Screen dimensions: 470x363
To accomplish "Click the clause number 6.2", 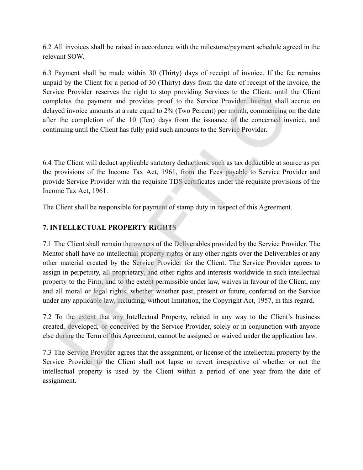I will [47, 47].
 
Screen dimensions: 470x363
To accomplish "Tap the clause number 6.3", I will [47, 73].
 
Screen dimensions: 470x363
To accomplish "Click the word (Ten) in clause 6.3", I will [146, 120].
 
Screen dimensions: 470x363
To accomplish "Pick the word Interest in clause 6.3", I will [261, 101].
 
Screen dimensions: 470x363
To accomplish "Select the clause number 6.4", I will [47, 163].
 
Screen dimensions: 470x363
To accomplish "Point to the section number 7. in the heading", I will [45, 228].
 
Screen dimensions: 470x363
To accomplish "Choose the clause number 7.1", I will [47, 244].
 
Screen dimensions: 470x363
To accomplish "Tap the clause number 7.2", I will [47, 317].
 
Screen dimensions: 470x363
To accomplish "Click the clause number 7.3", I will [47, 352].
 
